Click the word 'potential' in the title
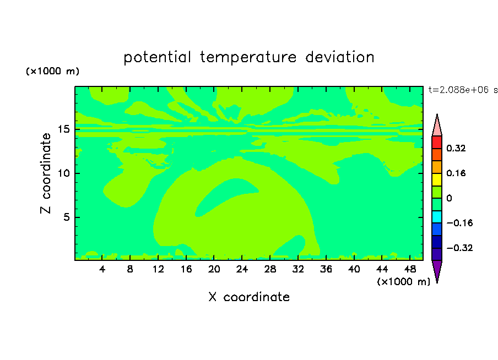coord(157,57)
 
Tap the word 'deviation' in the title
coord(340,57)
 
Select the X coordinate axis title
coord(249,297)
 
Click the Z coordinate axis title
coord(46,173)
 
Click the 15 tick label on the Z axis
coord(64,129)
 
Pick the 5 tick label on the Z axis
coord(67,217)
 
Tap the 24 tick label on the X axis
coord(242,269)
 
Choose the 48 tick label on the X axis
coord(410,269)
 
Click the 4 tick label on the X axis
coord(102,269)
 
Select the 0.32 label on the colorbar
coord(456,148)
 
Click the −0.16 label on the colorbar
coord(459,223)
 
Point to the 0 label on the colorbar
coord(449,198)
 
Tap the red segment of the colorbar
coord(437,142)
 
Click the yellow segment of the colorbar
coord(437,179)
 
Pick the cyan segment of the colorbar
coord(437,217)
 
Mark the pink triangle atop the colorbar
coord(437,127)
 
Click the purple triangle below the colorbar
coord(437,270)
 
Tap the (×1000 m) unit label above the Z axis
coord(52,71)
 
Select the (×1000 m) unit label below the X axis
coord(403,282)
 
